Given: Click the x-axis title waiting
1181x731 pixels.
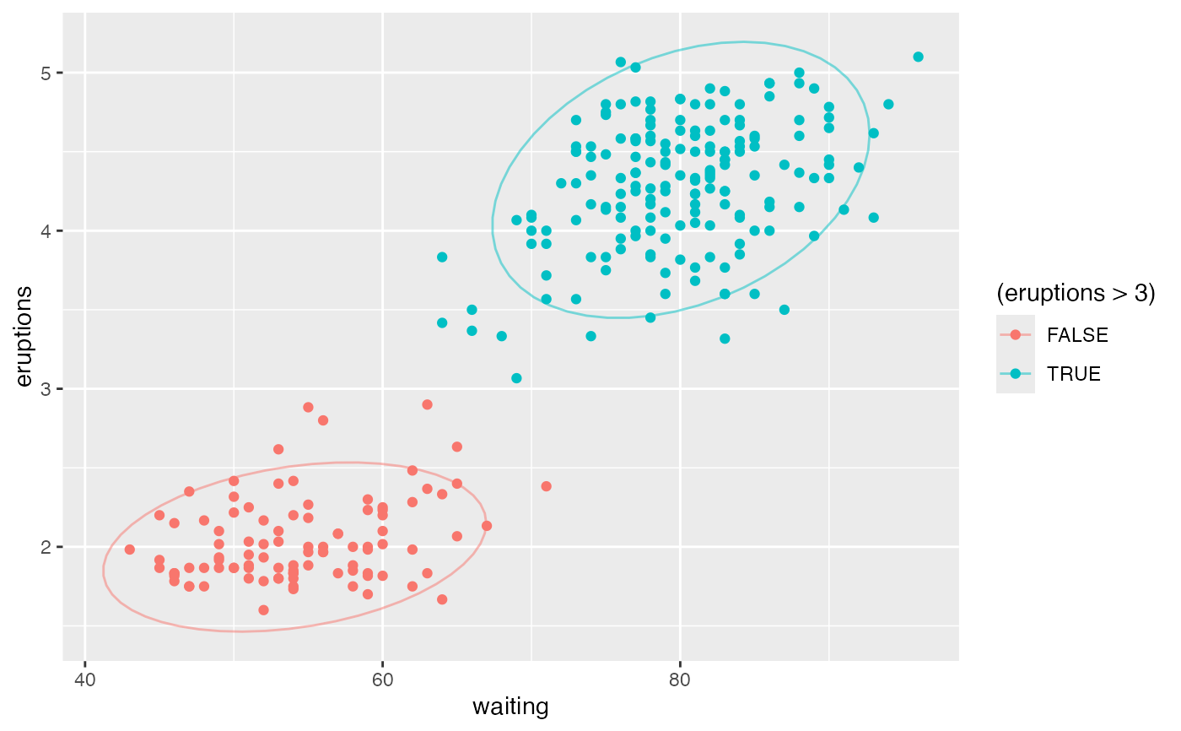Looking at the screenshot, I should [511, 707].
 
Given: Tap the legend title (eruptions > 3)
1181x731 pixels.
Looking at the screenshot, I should [1076, 293].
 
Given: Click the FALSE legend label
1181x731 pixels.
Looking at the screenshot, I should [1077, 334].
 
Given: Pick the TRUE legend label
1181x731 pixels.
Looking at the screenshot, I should [1074, 374].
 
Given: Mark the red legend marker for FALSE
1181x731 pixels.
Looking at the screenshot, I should [1016, 334].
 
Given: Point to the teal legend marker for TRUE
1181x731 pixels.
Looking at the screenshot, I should [1016, 374].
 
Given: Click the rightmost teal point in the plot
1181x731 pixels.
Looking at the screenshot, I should [918, 57].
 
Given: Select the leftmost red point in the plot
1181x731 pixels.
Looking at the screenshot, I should [129, 550].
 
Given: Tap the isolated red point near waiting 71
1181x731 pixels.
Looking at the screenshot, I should [546, 486].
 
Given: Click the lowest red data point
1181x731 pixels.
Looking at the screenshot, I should [263, 610].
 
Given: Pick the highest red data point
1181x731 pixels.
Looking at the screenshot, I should [427, 404].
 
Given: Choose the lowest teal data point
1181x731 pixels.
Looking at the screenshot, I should [516, 378].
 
